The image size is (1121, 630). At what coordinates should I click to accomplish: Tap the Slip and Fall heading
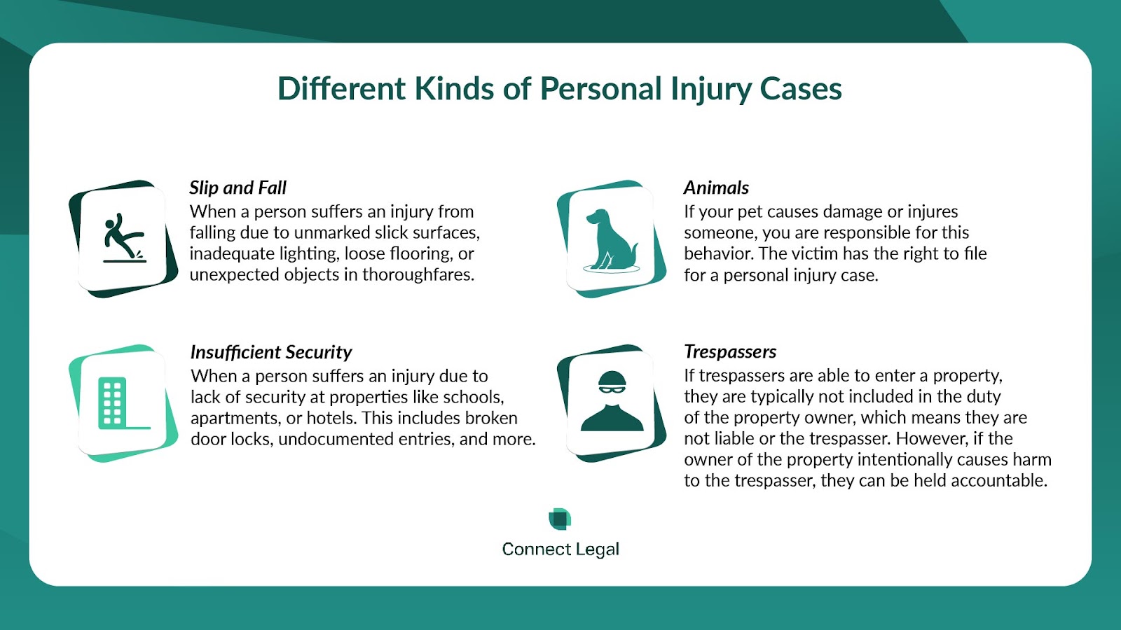point(238,188)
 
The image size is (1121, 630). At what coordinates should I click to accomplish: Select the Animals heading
point(716,188)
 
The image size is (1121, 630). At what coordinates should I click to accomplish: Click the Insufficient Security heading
point(271,353)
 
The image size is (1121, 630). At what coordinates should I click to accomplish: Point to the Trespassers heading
point(730,352)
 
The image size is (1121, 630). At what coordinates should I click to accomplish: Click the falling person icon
point(124,237)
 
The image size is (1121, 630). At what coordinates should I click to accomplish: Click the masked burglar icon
point(612,401)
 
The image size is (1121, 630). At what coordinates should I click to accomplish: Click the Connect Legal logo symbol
point(560,519)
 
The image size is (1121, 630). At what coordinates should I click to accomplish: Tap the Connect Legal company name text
point(560,549)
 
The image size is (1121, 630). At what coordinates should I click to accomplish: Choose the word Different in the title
point(341,89)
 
